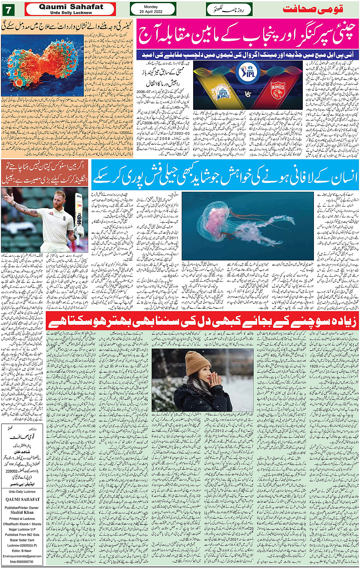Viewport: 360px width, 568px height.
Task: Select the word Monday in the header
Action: (151, 7)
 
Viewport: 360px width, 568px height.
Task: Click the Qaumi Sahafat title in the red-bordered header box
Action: (71, 7)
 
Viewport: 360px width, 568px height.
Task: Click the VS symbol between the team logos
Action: (248, 94)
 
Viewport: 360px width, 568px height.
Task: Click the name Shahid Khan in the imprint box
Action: (22, 513)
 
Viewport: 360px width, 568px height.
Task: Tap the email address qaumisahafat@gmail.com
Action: (22, 556)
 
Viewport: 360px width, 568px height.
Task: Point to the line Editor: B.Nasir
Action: (22, 551)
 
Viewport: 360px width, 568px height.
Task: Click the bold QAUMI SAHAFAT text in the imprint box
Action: (22, 499)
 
